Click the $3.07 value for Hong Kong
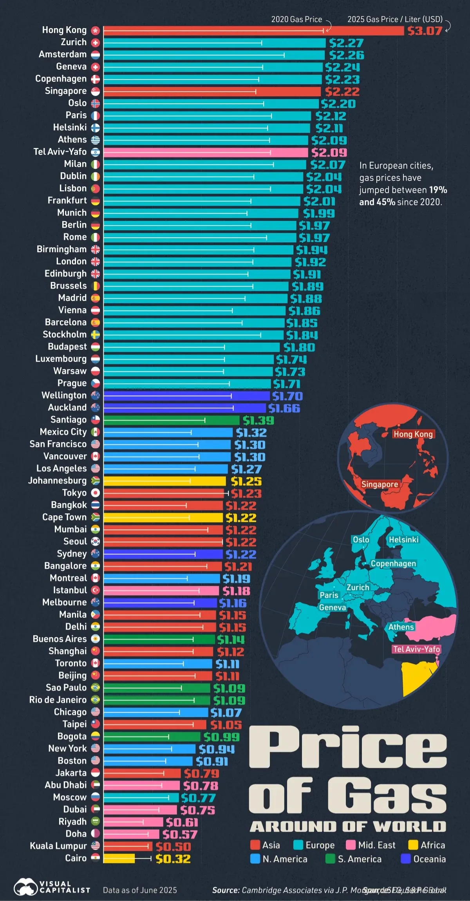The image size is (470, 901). (x=425, y=31)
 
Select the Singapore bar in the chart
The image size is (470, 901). (x=211, y=92)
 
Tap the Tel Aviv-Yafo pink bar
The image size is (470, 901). (x=206, y=152)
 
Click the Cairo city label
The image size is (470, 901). (x=76, y=858)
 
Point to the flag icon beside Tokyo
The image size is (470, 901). (x=96, y=493)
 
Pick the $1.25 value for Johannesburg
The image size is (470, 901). (x=246, y=481)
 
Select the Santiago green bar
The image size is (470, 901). (x=171, y=420)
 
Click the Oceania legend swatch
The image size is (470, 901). (x=406, y=859)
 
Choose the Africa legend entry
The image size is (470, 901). (x=427, y=845)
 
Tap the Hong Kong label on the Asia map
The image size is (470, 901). (x=413, y=434)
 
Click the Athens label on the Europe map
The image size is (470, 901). (x=401, y=627)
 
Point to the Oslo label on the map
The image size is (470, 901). (x=361, y=540)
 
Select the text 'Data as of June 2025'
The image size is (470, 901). (x=140, y=890)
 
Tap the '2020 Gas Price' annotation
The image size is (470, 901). (x=296, y=19)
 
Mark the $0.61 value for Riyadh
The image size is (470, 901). (x=182, y=822)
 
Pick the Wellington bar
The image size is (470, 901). (x=186, y=396)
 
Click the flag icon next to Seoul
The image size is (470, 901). (x=96, y=542)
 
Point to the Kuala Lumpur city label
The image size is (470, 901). (x=58, y=846)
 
